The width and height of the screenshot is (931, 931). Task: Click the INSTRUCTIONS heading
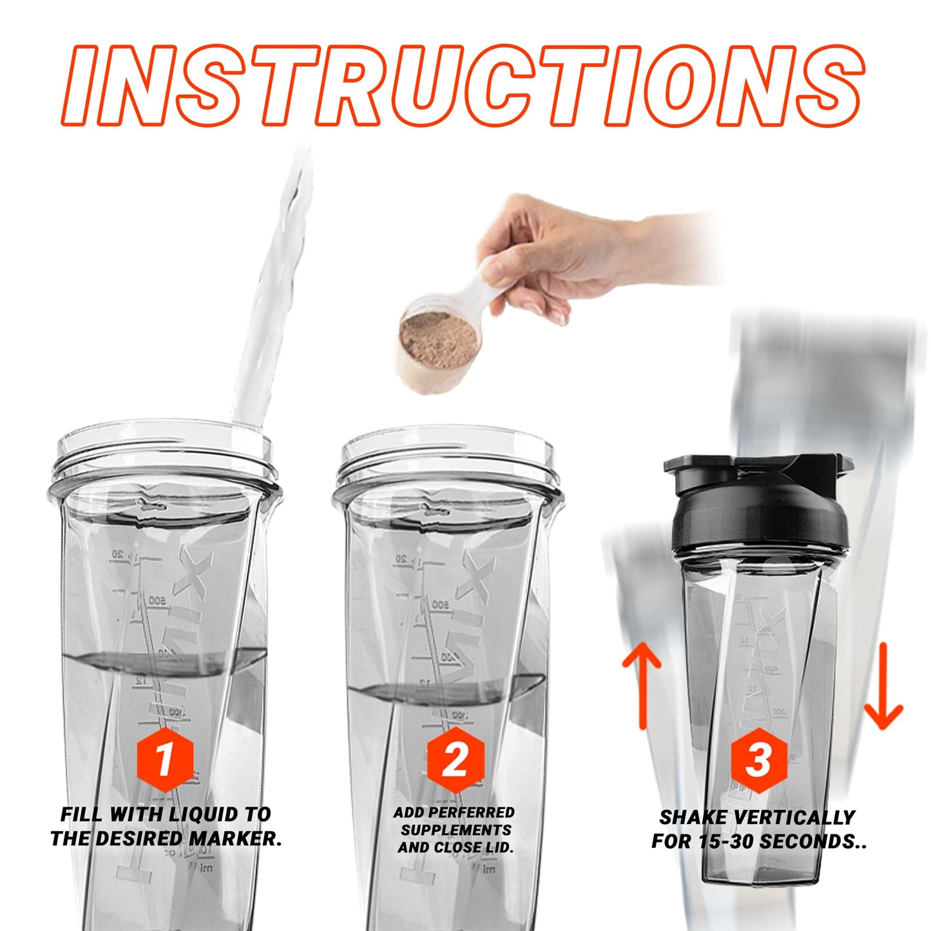(464, 85)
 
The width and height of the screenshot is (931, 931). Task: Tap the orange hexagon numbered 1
(165, 758)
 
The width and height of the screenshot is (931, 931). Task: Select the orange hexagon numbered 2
(455, 759)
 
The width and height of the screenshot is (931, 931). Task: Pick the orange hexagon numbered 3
(759, 760)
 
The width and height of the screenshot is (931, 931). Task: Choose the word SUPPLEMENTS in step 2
(456, 830)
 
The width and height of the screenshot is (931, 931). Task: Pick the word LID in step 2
(497, 847)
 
